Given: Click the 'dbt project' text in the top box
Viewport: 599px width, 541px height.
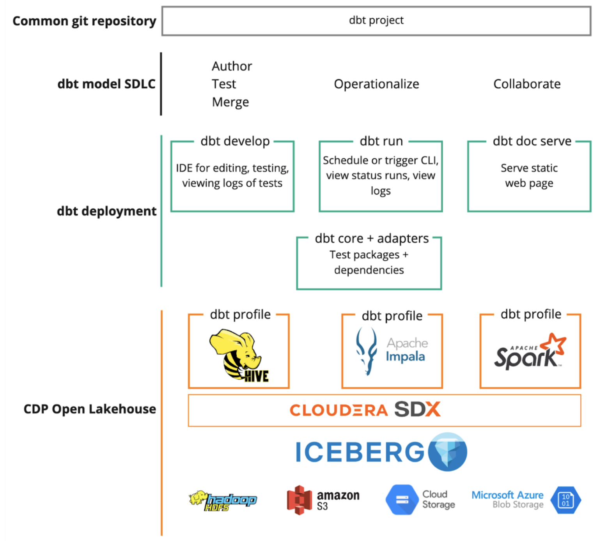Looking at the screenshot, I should click(376, 20).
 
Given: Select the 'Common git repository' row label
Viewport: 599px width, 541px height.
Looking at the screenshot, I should click(84, 21).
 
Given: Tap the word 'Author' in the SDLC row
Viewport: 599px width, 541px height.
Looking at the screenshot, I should click(232, 66).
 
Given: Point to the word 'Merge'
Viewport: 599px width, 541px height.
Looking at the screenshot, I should click(230, 102).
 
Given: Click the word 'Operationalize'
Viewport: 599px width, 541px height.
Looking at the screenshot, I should click(376, 84).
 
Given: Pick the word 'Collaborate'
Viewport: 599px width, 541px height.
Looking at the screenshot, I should click(527, 84).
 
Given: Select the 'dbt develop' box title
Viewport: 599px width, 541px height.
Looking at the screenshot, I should click(235, 141).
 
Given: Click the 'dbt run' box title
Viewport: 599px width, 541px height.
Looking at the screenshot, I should click(381, 141).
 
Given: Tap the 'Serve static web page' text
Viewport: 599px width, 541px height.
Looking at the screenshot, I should click(529, 175).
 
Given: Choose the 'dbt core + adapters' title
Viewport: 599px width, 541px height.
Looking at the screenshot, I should click(372, 238).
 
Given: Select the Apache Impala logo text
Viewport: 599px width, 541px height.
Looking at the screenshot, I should click(406, 350).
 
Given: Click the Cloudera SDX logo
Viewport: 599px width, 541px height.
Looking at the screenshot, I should click(365, 410).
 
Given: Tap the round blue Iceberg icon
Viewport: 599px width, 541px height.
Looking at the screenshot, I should click(447, 452).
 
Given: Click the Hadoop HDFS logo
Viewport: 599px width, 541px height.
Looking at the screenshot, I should click(223, 500).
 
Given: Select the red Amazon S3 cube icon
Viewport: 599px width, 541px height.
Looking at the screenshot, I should click(299, 500).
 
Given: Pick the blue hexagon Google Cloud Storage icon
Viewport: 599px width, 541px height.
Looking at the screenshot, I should click(402, 500).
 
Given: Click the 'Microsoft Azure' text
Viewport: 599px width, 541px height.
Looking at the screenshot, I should click(507, 495).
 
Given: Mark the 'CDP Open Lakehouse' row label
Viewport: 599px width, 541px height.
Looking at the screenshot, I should click(90, 409).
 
